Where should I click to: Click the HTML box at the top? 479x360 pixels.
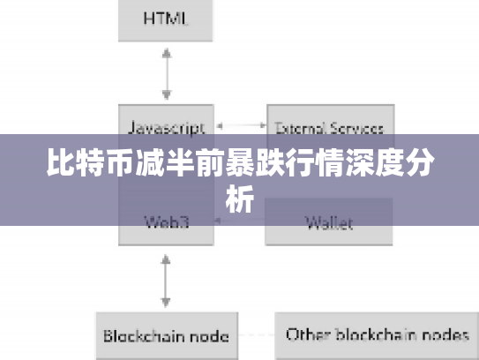pos(166,20)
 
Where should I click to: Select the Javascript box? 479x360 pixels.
pos(166,127)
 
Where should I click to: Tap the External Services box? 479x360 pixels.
pos(329,127)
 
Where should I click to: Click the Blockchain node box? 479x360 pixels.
pos(166,335)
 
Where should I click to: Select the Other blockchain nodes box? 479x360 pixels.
pos(377,335)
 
